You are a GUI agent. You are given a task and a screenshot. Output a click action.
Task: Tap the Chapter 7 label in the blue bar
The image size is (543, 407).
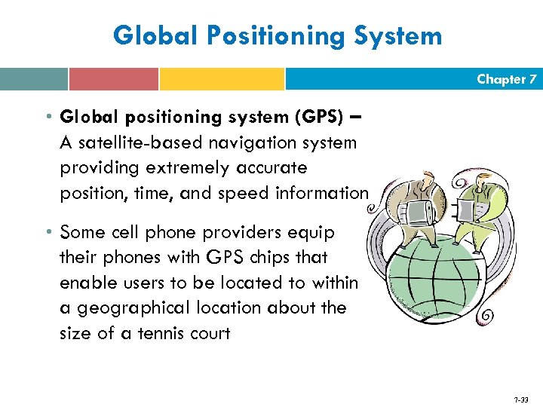point(507,79)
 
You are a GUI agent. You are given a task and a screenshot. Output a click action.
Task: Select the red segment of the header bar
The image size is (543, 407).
point(113,79)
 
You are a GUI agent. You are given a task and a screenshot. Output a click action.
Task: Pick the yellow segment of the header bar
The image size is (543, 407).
point(222,79)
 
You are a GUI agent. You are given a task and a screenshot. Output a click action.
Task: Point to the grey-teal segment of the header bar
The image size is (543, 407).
point(34,79)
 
